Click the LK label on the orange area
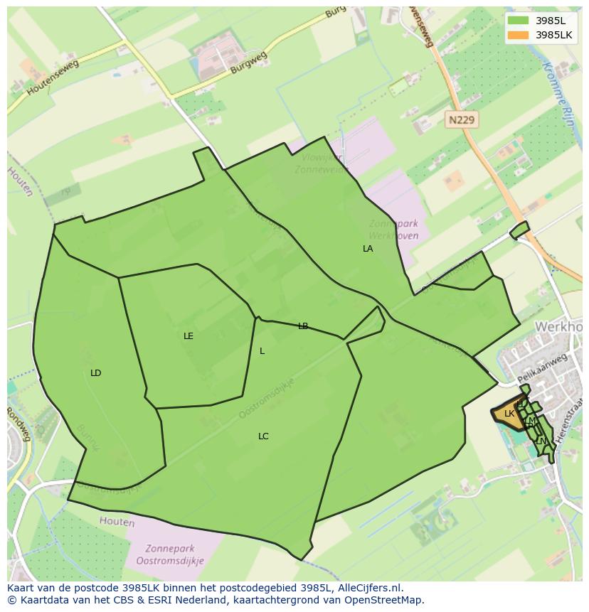point(509,414)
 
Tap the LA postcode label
point(368,249)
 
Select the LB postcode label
point(303,326)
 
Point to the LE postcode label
point(189,336)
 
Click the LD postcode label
point(96,373)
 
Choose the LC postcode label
point(263,436)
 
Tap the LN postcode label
point(541,441)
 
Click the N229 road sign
point(461,120)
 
